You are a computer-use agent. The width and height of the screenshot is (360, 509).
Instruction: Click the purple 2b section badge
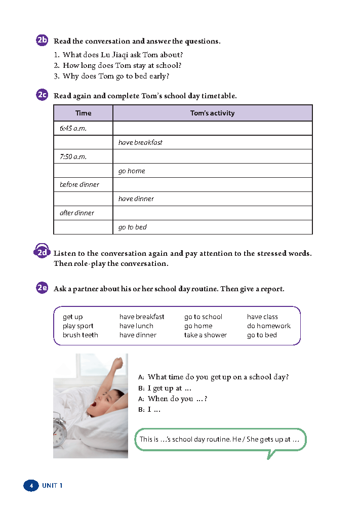[x=43, y=41]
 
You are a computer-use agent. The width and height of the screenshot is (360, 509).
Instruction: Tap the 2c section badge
[x=43, y=95]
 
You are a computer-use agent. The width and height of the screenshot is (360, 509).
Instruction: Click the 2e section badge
[x=43, y=289]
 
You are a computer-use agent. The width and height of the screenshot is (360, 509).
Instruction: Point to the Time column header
[x=83, y=113]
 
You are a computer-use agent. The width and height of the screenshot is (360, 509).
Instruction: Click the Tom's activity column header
[x=212, y=113]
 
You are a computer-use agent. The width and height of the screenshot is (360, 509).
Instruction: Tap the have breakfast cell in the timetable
[x=140, y=143]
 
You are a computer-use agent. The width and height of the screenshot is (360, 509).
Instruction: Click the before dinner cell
[x=79, y=185]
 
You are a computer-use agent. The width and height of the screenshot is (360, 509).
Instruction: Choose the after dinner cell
[x=77, y=213]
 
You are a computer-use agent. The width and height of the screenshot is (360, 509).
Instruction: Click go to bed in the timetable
[x=133, y=227]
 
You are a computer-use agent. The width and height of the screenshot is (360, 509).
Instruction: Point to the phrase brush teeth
[x=81, y=335]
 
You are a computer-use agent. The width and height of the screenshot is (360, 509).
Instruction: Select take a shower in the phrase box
[x=206, y=335]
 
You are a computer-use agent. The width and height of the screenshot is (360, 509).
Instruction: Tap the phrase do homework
[x=269, y=326]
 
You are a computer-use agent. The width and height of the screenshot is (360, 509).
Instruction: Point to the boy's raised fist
[x=118, y=362]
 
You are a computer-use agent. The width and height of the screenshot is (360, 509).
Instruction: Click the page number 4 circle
[x=31, y=486]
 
